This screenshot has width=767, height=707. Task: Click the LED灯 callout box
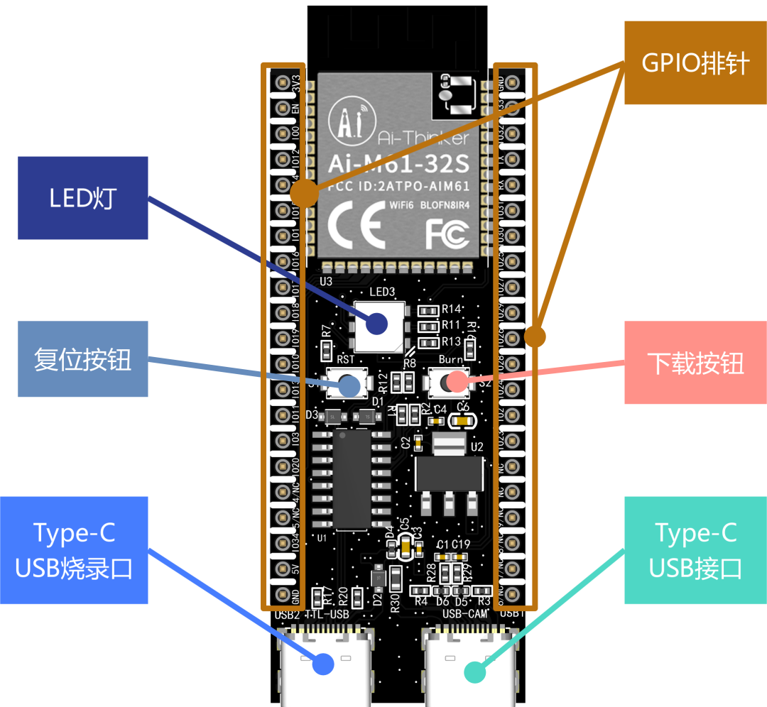[82, 198]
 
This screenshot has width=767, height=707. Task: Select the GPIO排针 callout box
[695, 62]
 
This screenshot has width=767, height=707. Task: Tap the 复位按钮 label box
[82, 359]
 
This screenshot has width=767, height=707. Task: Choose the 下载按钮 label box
[695, 363]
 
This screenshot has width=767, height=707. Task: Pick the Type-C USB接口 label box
[695, 550]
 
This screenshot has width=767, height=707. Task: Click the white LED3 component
[379, 326]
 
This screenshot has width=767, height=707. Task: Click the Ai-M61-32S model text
[398, 164]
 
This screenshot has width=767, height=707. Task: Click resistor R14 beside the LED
[429, 310]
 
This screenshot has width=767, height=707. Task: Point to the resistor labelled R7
[327, 349]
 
